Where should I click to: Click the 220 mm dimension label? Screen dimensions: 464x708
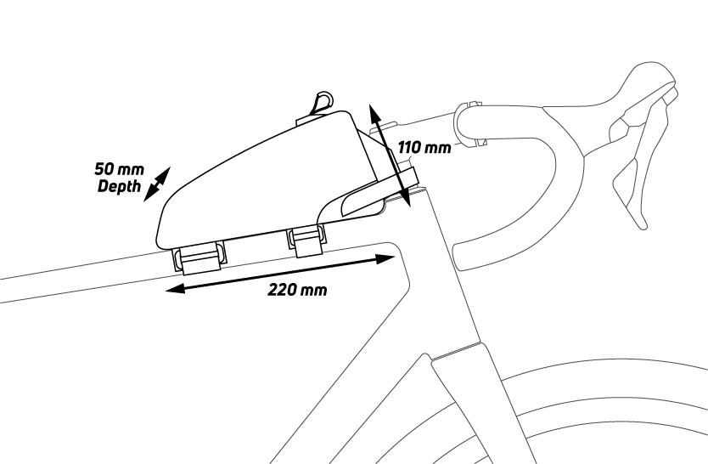coord(297,290)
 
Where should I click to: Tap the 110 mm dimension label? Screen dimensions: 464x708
coord(424,148)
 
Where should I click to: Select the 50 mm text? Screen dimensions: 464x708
coord(113,170)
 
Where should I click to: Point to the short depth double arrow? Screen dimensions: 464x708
coord(157,184)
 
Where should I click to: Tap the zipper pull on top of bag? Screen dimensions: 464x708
coord(320,103)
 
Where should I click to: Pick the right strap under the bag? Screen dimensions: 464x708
coord(306,240)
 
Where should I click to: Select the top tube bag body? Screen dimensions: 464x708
coord(255,178)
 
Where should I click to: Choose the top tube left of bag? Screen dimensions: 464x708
coord(76,276)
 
